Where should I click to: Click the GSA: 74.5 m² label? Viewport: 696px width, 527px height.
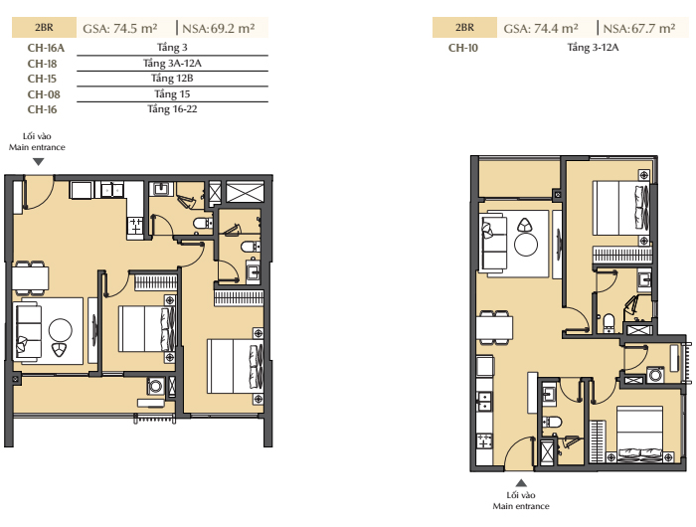point(120,29)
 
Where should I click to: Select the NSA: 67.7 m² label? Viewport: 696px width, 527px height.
point(639,29)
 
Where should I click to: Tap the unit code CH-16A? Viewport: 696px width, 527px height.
point(46,48)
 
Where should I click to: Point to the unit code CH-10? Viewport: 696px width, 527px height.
point(463,48)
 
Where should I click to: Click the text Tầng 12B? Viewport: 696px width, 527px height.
point(172,79)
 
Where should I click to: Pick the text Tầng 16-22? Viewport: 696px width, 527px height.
point(172,108)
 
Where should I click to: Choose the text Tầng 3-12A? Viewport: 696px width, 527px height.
point(593,47)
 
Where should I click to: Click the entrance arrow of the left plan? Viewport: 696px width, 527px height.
point(39,162)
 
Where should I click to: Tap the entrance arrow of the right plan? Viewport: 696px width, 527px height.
point(521,483)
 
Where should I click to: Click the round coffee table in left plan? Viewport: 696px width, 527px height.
point(61,330)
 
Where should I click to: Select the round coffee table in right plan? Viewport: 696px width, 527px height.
point(526,244)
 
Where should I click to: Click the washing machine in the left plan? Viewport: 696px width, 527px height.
point(155,386)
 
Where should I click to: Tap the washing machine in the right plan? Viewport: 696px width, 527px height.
point(655,374)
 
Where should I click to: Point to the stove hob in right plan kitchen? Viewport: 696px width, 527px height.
point(484,441)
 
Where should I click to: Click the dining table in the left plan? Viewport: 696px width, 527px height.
point(30,278)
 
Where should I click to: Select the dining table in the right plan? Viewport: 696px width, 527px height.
point(495,328)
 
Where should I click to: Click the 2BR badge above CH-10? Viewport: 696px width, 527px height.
point(464,28)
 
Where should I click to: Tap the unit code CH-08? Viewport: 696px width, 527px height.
point(44,94)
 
